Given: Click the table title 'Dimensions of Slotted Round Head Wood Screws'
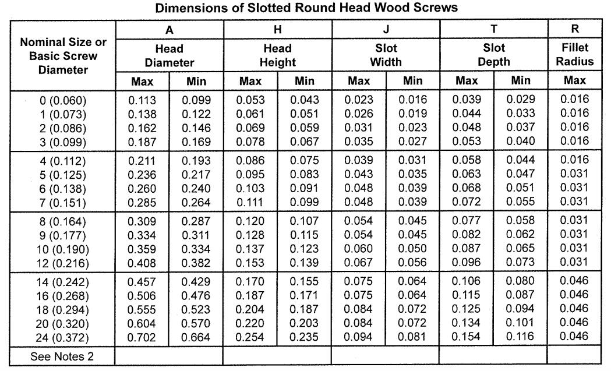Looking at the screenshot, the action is click(x=306, y=8).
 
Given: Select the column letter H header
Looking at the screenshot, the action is click(x=277, y=30).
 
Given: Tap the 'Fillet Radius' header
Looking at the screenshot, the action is click(x=575, y=55).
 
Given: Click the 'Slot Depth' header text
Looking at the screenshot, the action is click(x=494, y=55).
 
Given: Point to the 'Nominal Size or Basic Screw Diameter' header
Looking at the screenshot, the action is click(x=63, y=56).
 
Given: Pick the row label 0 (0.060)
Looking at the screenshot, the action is click(x=63, y=101).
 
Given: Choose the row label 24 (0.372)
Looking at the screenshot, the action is click(x=62, y=338).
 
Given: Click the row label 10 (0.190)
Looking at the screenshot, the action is click(x=62, y=249).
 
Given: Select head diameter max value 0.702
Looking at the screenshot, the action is click(x=142, y=337).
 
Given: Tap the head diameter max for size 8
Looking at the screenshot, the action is click(x=142, y=221).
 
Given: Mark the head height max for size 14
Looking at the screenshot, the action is click(x=250, y=281).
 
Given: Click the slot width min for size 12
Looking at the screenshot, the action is click(x=412, y=263).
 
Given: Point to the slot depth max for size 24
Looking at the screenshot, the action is click(x=466, y=337).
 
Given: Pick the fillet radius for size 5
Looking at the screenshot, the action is click(x=574, y=174).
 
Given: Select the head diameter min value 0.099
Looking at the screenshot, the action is click(x=196, y=100).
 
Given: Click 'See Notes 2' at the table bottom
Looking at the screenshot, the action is click(x=62, y=356).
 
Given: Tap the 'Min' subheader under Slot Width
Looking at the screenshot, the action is click(x=412, y=81).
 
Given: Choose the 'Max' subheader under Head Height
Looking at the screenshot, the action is click(x=250, y=81).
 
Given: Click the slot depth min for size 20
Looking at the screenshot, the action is click(x=520, y=323).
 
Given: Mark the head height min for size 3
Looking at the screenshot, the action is click(x=304, y=142).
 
